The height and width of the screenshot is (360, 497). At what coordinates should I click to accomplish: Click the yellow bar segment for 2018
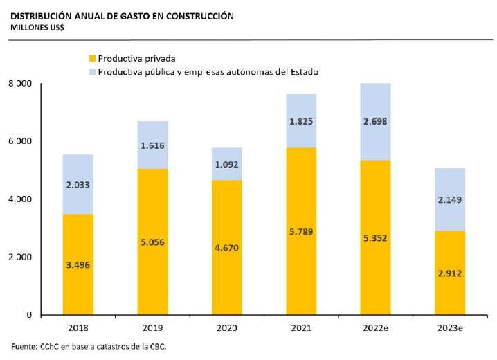(78, 291)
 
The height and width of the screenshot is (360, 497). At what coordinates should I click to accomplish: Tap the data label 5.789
(301, 231)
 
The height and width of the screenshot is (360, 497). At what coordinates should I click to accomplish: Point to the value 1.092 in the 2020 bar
(227, 166)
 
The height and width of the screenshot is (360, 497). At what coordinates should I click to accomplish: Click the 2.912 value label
(450, 273)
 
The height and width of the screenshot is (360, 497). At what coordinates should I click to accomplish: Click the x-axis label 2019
(152, 328)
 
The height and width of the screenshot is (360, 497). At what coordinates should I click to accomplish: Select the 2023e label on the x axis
(450, 328)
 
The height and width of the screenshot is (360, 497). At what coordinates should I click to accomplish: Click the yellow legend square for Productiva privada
(92, 59)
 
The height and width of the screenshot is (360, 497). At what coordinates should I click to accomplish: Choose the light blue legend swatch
(92, 71)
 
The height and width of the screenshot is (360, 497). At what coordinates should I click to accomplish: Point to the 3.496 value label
(78, 264)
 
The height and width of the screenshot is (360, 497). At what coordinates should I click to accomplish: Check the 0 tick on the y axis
(28, 315)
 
